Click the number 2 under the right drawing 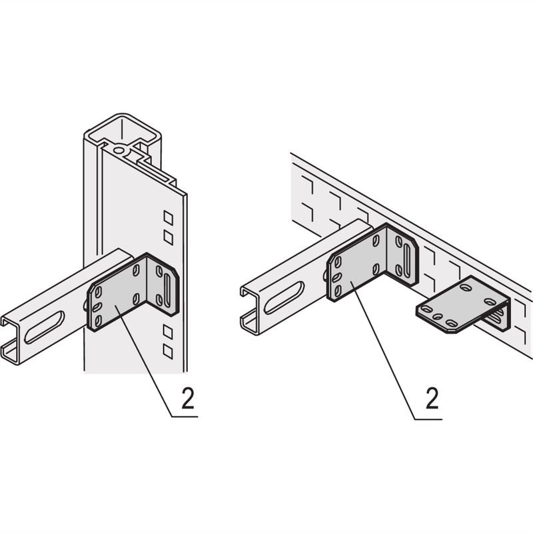tap(432, 398)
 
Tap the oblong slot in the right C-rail tap(284, 298)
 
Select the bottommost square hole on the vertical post tap(168, 349)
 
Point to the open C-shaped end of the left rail tap(15, 340)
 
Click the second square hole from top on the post tap(169, 237)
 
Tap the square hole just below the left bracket tap(168, 330)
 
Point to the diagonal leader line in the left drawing tap(143, 360)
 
